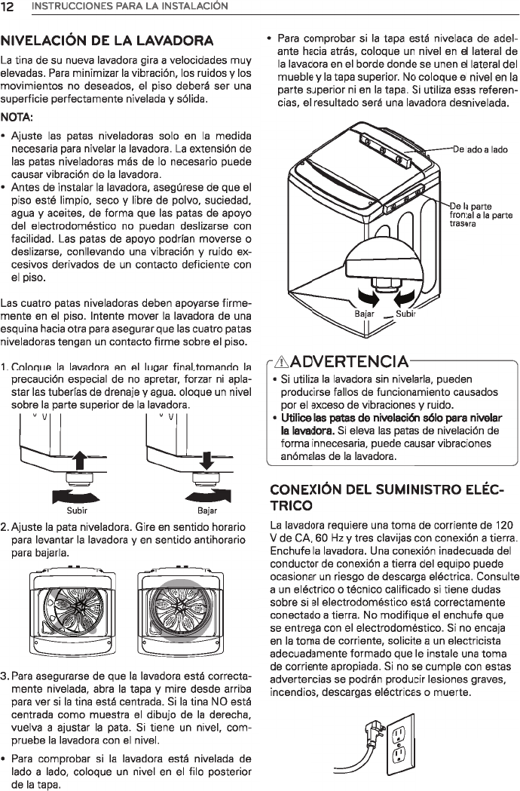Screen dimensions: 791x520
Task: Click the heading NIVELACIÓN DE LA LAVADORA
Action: (x=107, y=39)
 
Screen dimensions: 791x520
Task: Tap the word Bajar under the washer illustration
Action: (x=364, y=313)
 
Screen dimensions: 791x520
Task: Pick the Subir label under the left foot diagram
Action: (x=77, y=508)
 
